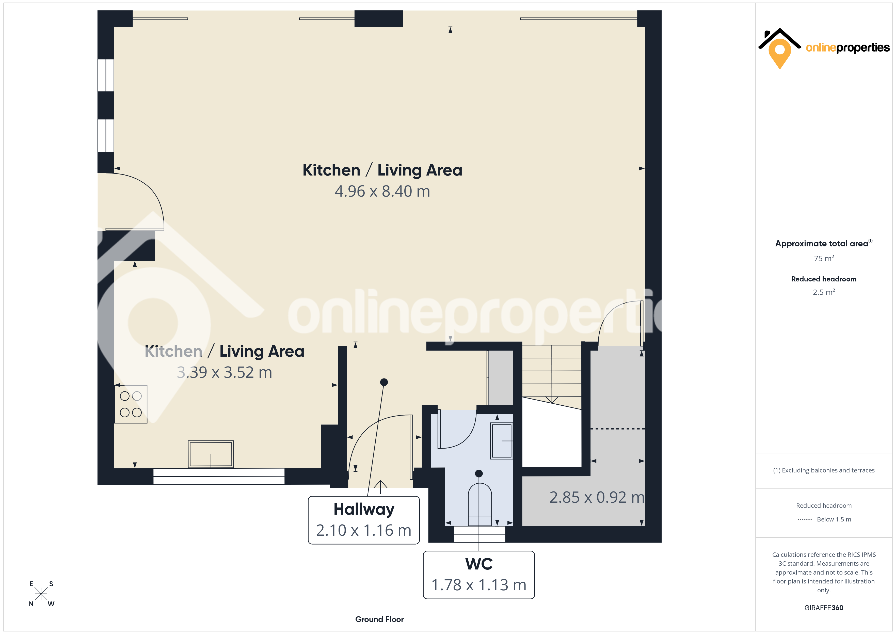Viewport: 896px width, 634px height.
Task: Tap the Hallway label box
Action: (x=364, y=520)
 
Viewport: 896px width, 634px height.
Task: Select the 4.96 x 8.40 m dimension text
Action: (x=382, y=191)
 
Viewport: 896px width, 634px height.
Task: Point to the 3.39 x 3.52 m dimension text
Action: (x=225, y=372)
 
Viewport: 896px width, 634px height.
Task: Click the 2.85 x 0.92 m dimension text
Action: (x=597, y=497)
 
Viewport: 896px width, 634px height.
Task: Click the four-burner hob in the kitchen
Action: (x=131, y=404)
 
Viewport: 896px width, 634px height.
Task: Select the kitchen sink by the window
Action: (x=211, y=454)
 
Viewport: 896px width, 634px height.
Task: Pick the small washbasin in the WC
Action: (x=502, y=441)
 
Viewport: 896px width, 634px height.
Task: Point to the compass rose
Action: (x=41, y=594)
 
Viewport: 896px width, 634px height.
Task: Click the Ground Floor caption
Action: (x=379, y=619)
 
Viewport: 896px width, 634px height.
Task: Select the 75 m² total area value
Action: (x=824, y=258)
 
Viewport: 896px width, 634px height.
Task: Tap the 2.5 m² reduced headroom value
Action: (x=824, y=292)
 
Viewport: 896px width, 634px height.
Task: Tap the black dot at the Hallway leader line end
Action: (x=384, y=382)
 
